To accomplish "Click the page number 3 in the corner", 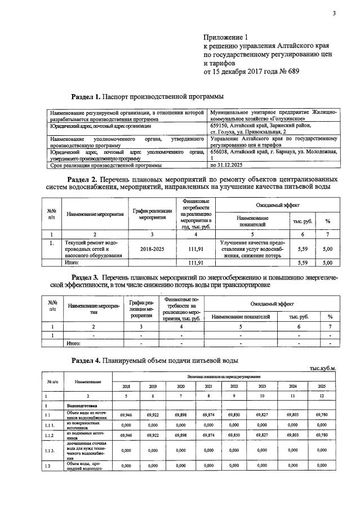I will (334, 14).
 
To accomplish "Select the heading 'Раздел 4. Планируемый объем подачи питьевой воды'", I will (155, 360).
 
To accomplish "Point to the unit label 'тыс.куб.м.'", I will (323, 369).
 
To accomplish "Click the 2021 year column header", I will (208, 386).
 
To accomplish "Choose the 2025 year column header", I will (321, 386).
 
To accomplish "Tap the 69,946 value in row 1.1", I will (125, 415).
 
